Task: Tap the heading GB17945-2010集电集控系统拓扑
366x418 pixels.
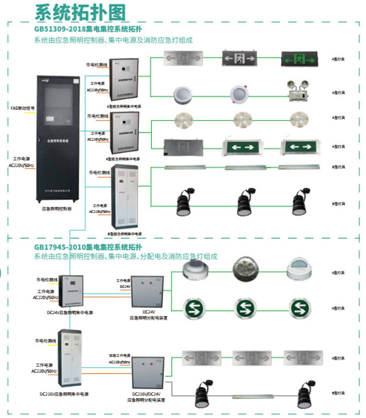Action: click(88, 247)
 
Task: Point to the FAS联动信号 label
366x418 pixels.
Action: click(23, 109)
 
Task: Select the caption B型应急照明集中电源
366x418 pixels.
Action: click(124, 234)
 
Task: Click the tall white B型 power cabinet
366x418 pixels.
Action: click(124, 199)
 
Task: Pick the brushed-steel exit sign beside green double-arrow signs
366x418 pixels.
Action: click(181, 147)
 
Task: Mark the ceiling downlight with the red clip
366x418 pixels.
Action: click(239, 93)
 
